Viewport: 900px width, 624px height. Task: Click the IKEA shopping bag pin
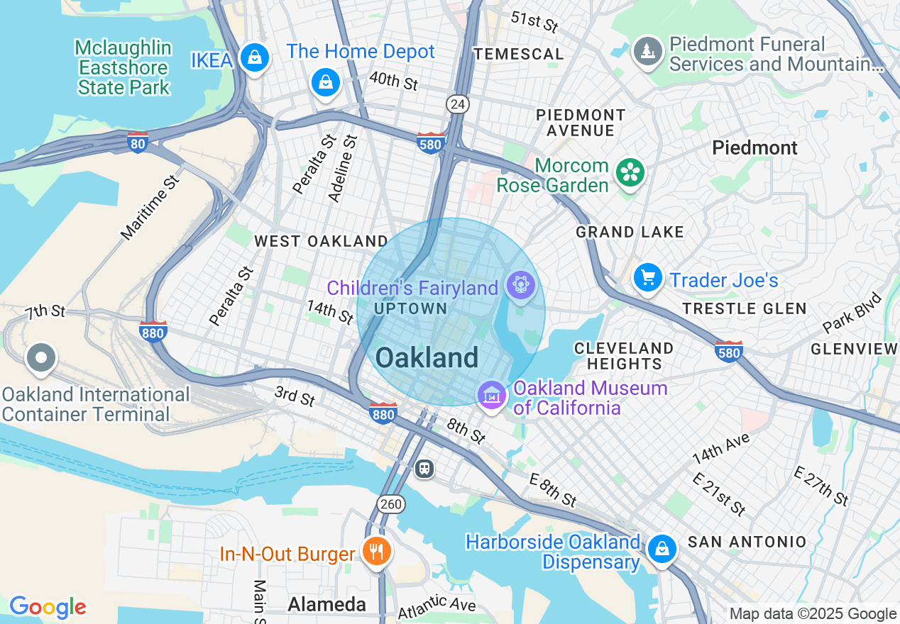pos(253,58)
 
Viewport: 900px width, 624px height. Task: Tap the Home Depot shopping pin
pos(325,82)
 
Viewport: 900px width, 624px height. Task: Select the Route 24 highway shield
pos(458,105)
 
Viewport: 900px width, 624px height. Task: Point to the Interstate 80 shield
pos(138,142)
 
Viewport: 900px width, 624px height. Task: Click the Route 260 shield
pos(391,504)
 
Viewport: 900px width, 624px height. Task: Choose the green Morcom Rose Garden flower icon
pos(630,172)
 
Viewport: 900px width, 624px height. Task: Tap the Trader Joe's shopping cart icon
pos(647,277)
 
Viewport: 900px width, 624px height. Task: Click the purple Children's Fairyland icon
pos(521,285)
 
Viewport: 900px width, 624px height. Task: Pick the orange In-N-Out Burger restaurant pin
pos(376,551)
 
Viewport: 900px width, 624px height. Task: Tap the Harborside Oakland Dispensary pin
pos(662,548)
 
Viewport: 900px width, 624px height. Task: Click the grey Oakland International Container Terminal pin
pos(41,358)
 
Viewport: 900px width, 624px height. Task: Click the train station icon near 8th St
pos(424,468)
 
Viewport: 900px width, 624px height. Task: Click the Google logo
pos(48,607)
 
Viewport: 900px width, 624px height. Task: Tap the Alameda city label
pos(326,604)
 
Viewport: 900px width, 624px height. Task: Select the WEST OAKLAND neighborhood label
pos(321,241)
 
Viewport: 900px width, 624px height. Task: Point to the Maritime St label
pos(150,206)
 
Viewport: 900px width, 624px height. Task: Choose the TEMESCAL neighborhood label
pos(519,54)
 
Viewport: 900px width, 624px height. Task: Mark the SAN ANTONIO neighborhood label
pos(747,542)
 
